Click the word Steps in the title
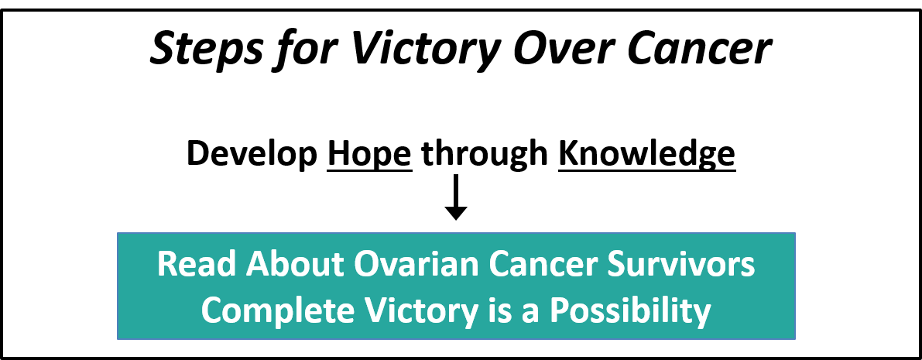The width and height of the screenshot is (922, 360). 206,50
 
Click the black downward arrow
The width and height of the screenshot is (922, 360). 456,197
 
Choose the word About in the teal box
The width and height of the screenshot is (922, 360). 295,265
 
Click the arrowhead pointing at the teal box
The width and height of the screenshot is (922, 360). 456,213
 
